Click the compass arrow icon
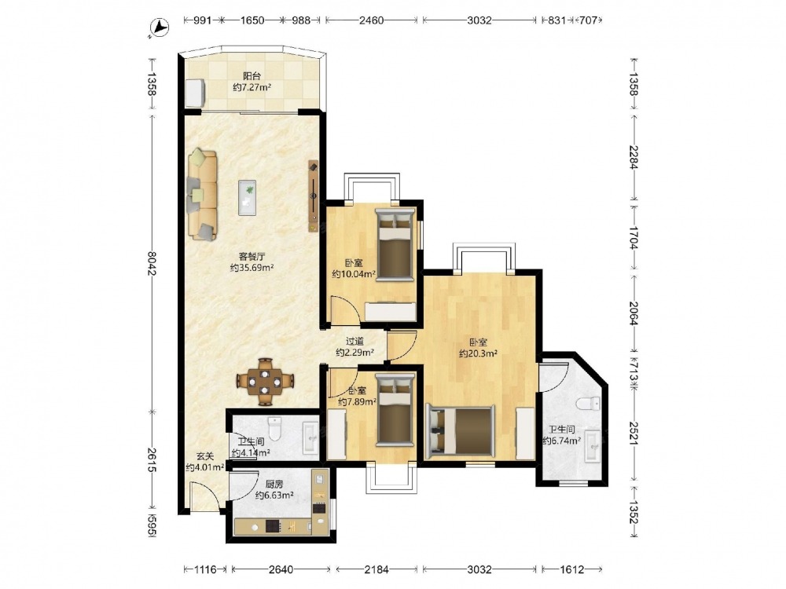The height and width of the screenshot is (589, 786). (160, 27)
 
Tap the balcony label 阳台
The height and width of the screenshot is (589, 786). (252, 76)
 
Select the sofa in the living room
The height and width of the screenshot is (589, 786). (203, 194)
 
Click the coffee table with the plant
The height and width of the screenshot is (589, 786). (247, 197)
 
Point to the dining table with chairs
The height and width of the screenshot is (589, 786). (265, 382)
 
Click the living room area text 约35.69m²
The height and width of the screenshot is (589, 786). (252, 268)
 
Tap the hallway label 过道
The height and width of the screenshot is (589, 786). (355, 342)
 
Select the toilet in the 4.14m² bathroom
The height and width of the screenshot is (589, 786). (275, 428)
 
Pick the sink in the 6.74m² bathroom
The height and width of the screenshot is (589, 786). (593, 445)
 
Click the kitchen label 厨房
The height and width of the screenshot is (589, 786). (274, 485)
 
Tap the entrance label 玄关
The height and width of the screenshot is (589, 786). (204, 456)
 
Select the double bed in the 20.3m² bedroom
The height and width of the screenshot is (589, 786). (460, 432)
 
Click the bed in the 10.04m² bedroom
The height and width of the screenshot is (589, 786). (395, 244)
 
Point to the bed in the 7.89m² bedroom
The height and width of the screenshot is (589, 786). (395, 410)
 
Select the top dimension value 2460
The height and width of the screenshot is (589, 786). (372, 20)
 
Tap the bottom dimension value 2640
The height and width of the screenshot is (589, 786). (281, 569)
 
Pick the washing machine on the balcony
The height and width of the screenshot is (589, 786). (195, 93)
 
